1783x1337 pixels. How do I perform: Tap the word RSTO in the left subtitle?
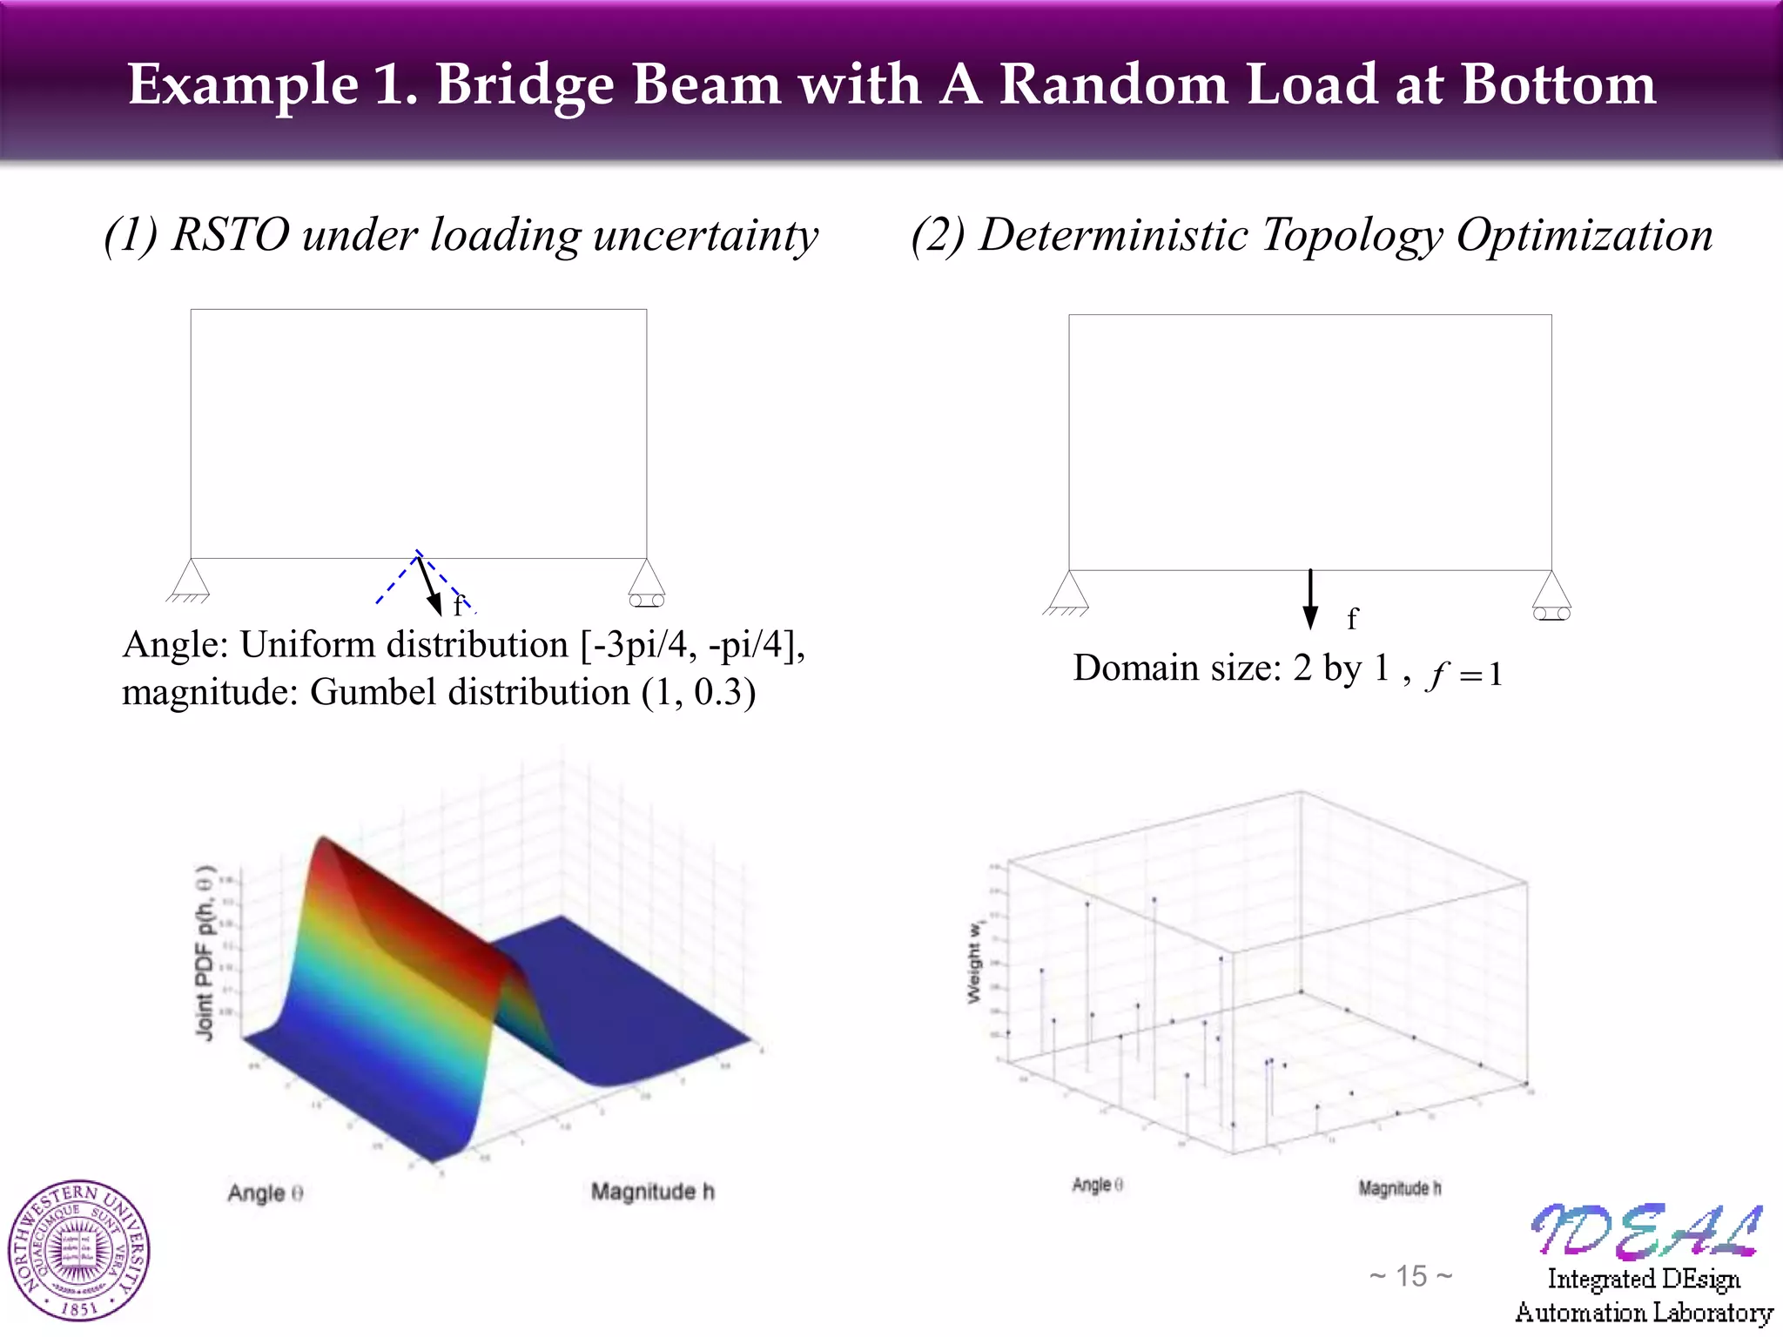coord(230,235)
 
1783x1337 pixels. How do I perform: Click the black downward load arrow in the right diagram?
coord(1309,599)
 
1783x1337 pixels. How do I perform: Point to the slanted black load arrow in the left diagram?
coord(429,585)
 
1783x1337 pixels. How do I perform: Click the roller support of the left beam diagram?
coord(646,583)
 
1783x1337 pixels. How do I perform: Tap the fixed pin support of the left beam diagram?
coord(190,581)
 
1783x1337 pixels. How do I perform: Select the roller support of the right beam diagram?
coord(1551,596)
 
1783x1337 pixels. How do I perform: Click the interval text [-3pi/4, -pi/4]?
coord(692,645)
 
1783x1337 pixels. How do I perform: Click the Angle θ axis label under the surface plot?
coord(266,1193)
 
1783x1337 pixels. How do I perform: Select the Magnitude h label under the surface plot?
coord(652,1191)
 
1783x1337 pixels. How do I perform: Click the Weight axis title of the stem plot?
coord(975,962)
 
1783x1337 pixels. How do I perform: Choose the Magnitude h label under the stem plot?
coord(1399,1187)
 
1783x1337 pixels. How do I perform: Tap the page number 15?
coord(1410,1276)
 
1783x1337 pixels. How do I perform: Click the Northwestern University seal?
coord(79,1250)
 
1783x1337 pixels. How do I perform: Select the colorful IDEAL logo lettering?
coord(1645,1231)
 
